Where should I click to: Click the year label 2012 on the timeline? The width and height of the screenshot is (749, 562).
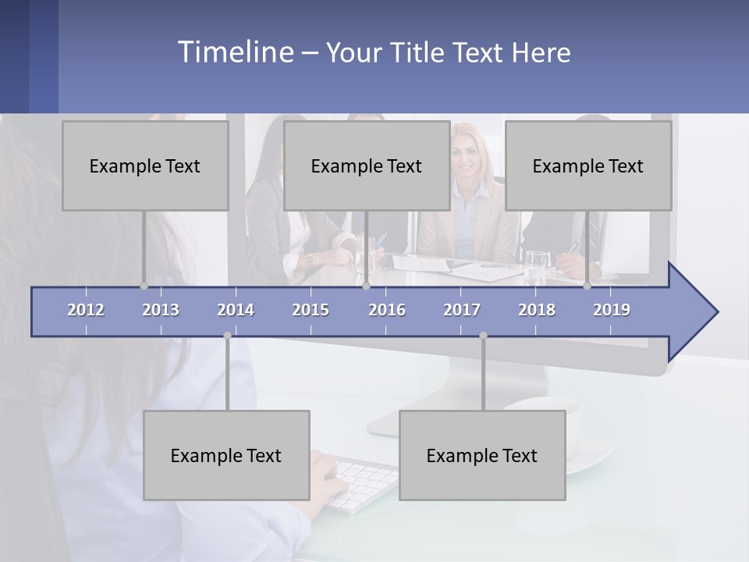pos(86,310)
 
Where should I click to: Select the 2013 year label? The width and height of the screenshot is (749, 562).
pos(161,310)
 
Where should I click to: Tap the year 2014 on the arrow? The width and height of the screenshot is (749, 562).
pos(236,310)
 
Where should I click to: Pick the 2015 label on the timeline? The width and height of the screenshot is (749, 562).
pos(311,310)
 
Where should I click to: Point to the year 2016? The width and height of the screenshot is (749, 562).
pos(387,310)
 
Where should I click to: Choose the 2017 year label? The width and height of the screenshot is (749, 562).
pos(462,310)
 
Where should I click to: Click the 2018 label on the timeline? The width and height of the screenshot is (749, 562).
pos(537,310)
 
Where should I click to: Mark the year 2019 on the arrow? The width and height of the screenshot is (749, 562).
pos(612,310)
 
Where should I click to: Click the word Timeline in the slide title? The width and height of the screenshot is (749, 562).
pos(235,52)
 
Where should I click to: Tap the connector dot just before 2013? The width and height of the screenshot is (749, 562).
pos(144,286)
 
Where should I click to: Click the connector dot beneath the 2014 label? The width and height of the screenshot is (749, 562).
pos(227,336)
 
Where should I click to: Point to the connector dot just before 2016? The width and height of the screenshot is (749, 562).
pos(366,286)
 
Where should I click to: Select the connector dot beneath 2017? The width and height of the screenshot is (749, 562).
pos(483,336)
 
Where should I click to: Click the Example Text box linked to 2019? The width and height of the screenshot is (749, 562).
pos(588,165)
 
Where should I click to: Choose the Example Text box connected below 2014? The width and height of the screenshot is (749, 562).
pos(226,455)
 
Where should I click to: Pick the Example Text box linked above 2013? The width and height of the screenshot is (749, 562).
pos(145,165)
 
